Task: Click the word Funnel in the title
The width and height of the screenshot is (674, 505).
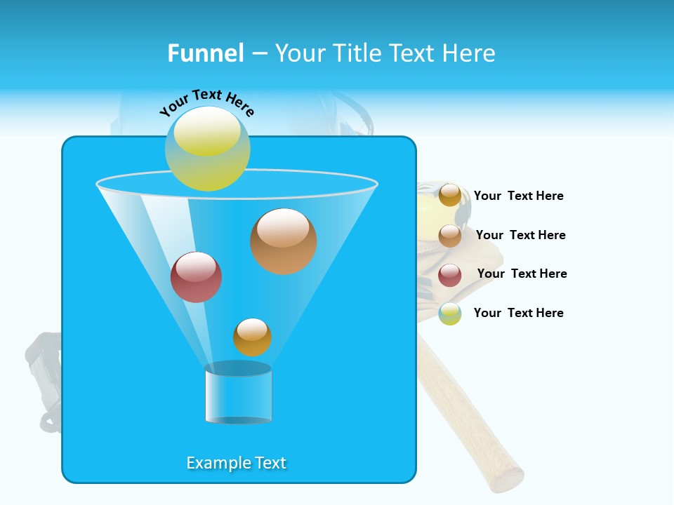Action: click(x=205, y=53)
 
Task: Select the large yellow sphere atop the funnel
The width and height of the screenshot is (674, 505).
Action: click(x=207, y=149)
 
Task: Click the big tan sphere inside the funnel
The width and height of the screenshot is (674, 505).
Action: click(x=283, y=241)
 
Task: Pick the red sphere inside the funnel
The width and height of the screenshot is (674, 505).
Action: click(x=196, y=277)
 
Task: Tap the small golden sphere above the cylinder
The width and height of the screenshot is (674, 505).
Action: click(x=252, y=337)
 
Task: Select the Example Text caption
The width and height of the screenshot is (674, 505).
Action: click(x=236, y=463)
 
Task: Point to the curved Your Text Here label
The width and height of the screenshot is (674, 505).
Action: click(x=206, y=102)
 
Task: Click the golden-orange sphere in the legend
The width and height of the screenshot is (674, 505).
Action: click(x=450, y=195)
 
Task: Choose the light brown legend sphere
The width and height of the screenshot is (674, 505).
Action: click(x=450, y=236)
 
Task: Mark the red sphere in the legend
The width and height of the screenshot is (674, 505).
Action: click(x=450, y=275)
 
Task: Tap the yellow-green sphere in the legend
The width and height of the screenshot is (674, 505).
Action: click(x=450, y=314)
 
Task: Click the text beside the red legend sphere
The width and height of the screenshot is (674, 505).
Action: click(x=522, y=274)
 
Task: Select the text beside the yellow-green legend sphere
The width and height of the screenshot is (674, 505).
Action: click(x=518, y=313)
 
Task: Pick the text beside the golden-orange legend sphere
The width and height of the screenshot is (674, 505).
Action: click(x=518, y=196)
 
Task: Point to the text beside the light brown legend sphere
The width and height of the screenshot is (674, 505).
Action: click(x=520, y=235)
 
